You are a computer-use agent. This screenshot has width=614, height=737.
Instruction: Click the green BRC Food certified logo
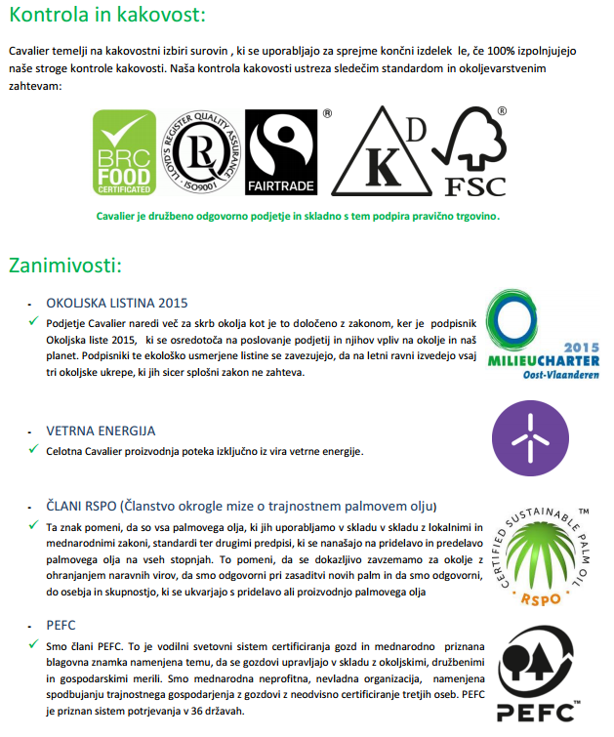click(x=123, y=151)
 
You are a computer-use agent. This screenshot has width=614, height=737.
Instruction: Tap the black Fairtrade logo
click(x=281, y=151)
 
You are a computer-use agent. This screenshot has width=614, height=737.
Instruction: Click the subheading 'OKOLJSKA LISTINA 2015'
click(x=117, y=303)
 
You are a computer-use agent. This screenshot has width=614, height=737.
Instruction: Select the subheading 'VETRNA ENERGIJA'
click(x=102, y=430)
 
